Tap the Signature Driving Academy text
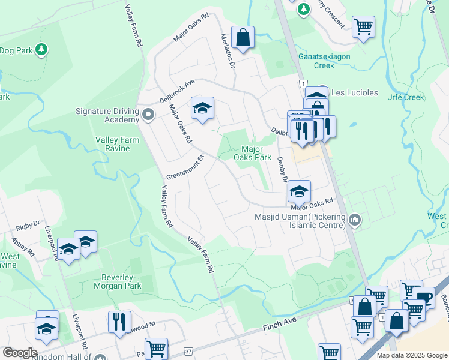click(x=107, y=115)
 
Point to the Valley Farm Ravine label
click(x=117, y=144)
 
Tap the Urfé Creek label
click(x=405, y=97)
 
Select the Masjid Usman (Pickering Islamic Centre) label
click(x=300, y=221)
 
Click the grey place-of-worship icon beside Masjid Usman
click(x=355, y=220)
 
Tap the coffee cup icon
click(x=424, y=297)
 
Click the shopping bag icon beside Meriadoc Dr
click(x=243, y=37)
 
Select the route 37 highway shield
click(x=188, y=350)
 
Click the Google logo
click(x=20, y=352)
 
